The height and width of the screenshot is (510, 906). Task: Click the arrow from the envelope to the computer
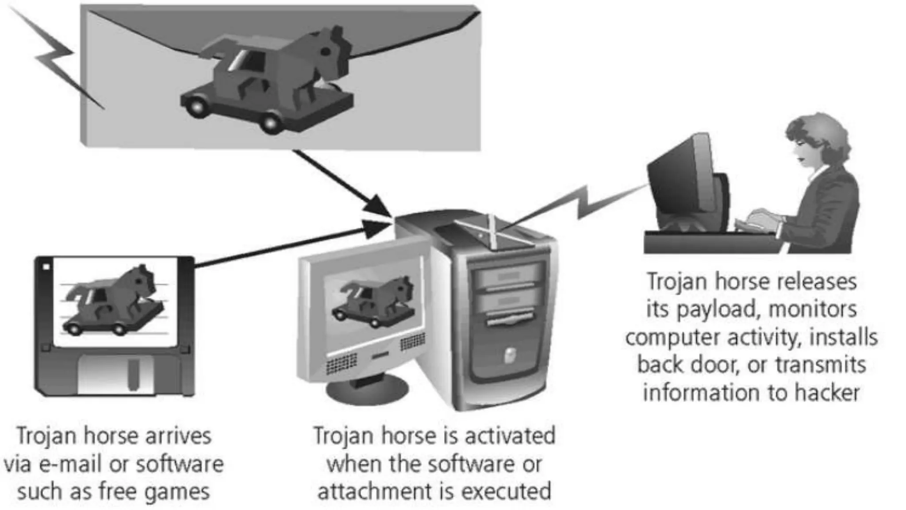[341, 182]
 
